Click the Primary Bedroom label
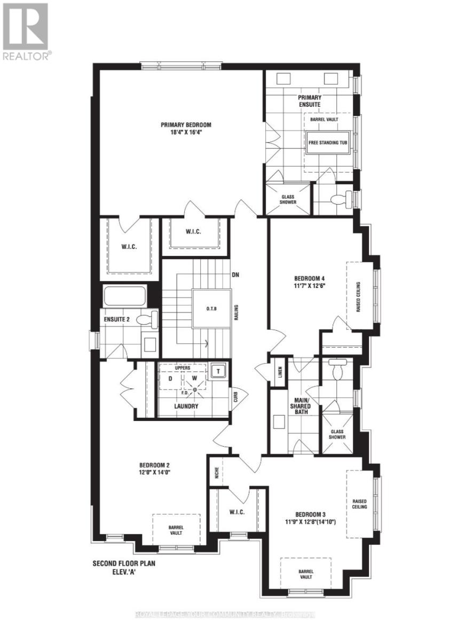point(182,125)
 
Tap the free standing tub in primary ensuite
point(328,143)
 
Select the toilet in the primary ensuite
point(342,200)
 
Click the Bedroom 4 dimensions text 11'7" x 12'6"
point(310,285)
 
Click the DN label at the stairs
point(235,275)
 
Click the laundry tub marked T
point(218,370)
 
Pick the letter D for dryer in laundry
point(170,378)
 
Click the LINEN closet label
point(280,372)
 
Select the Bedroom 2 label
point(155,464)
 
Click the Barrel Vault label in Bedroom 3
point(306,574)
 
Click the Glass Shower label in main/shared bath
point(337,433)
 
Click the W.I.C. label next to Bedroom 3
point(238,512)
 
